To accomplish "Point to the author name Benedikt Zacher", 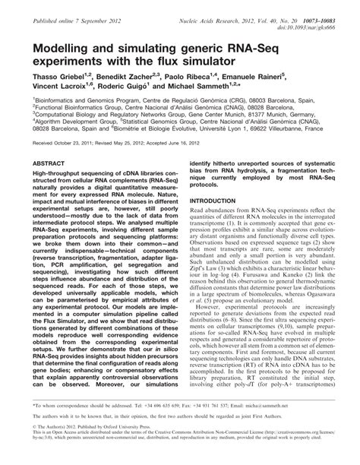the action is tap(134, 77).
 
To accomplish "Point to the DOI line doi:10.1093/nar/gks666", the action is tap(314, 19).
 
